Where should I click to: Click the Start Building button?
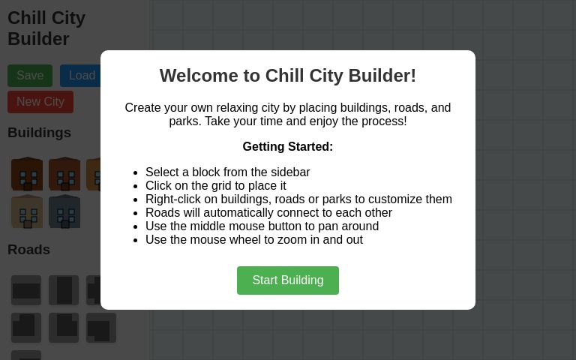pyautogui.click(x=288, y=280)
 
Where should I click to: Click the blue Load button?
pyautogui.click(x=81, y=76)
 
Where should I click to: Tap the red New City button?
pyautogui.click(x=40, y=102)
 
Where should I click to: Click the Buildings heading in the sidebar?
pyautogui.click(x=39, y=133)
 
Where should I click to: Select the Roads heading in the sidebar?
pyautogui.click(x=28, y=250)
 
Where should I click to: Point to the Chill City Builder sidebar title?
pyautogui.click(x=46, y=28)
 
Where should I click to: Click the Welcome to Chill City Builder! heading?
pyautogui.click(x=288, y=76)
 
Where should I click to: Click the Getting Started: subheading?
pyautogui.click(x=288, y=147)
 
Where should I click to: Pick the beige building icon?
pyautogui.click(x=26, y=211)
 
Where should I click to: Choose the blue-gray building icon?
pyautogui.click(x=64, y=211)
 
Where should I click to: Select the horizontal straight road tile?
pyautogui.click(x=26, y=290)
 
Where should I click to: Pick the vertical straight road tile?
pyautogui.click(x=64, y=290)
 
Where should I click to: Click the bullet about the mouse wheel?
pyautogui.click(x=254, y=240)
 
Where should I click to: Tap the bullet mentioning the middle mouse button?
pyautogui.click(x=262, y=226)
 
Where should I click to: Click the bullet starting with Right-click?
pyautogui.click(x=298, y=199)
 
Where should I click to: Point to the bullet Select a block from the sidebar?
pyautogui.click(x=227, y=172)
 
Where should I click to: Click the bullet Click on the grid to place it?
pyautogui.click(x=216, y=186)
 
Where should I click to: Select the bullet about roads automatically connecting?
pyautogui.click(x=268, y=213)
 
